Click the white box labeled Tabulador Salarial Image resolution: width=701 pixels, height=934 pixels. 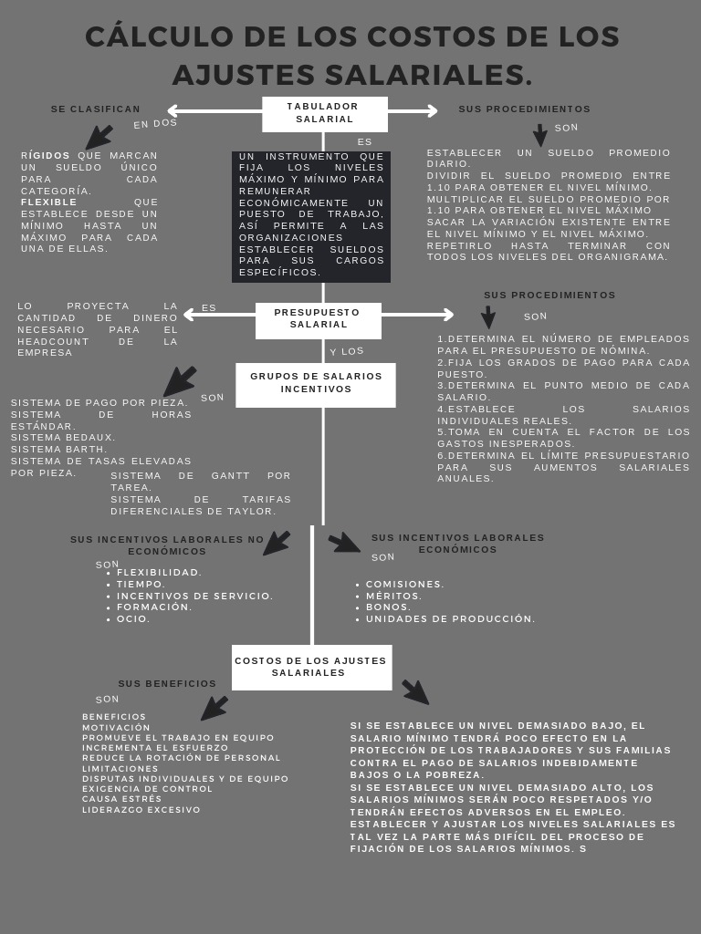(x=324, y=113)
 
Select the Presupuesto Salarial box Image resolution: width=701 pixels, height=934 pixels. (x=318, y=319)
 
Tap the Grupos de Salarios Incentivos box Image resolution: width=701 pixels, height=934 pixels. (x=315, y=384)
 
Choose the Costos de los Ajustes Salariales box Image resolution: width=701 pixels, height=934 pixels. (x=311, y=667)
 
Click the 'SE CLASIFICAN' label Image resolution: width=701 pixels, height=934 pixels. (x=96, y=109)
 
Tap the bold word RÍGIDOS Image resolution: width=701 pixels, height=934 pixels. (x=46, y=156)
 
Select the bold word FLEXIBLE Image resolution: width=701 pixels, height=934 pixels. (x=49, y=202)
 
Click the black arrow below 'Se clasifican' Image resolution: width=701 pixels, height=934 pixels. (x=99, y=137)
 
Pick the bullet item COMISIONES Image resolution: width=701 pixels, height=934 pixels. (x=405, y=585)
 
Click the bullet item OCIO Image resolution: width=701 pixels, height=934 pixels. (x=133, y=619)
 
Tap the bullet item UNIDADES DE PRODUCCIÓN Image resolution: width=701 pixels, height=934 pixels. (x=450, y=619)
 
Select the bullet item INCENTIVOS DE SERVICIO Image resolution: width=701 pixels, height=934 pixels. (x=194, y=597)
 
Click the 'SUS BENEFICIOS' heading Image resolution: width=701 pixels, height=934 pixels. (x=167, y=684)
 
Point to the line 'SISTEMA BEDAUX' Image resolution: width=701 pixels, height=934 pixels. (x=64, y=438)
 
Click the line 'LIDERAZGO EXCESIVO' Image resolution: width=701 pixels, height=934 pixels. (x=141, y=810)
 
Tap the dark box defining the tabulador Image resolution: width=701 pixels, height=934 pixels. (x=311, y=216)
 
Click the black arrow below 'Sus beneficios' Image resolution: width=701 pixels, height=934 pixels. (x=214, y=708)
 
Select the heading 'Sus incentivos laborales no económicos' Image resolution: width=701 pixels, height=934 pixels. (x=167, y=545)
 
